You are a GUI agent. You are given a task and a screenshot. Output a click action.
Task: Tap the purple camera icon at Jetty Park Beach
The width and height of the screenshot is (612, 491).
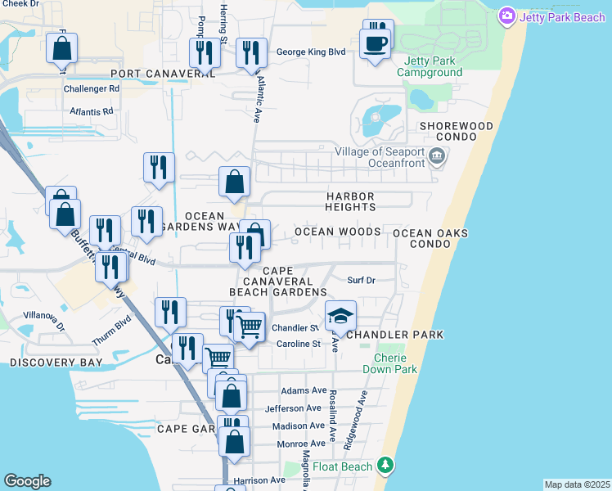(507, 16)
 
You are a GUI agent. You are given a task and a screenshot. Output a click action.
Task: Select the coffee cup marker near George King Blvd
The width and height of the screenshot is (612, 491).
(376, 44)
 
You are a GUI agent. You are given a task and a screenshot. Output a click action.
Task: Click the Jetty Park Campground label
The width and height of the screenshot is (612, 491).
(430, 66)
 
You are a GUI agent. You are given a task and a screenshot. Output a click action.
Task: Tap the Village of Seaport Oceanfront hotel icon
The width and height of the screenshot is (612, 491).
(437, 155)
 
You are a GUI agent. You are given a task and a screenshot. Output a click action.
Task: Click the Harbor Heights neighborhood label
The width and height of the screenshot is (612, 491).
(350, 203)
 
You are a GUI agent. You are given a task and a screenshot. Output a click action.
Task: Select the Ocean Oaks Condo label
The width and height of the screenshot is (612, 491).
(430, 239)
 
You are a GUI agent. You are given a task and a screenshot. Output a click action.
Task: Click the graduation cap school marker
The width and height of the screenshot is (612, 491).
(341, 316)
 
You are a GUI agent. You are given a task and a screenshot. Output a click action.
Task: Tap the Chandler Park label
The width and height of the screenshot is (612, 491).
(395, 335)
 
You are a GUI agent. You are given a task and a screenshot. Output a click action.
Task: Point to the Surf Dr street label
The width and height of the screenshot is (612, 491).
(361, 280)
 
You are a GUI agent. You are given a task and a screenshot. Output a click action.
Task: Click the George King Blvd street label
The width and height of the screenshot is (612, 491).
(311, 52)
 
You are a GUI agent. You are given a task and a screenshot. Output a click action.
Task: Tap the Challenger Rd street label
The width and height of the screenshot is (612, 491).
(92, 88)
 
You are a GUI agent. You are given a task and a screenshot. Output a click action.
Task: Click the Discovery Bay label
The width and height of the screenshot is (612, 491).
(56, 362)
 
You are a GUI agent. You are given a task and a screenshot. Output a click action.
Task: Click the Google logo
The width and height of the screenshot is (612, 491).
(27, 481)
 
